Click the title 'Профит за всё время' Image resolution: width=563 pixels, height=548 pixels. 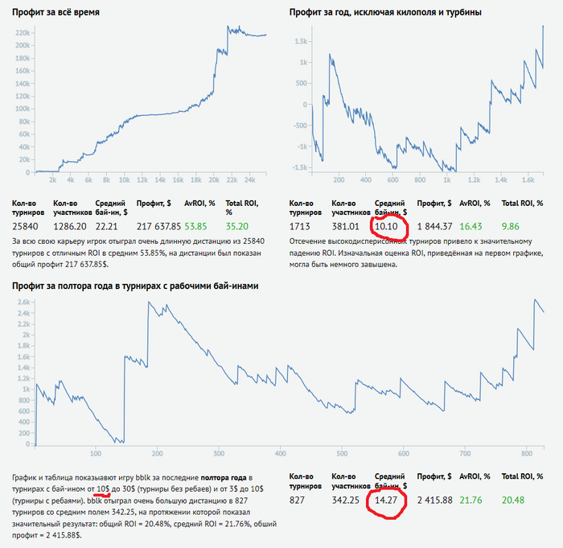point(61,11)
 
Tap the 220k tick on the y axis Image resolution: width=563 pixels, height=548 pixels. point(23,33)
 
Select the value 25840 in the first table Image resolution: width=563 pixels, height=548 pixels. point(26,227)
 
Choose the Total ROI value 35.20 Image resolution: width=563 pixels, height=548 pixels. point(236,227)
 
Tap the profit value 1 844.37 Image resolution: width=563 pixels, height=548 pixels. point(434,227)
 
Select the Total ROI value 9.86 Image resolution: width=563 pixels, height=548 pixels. point(511,227)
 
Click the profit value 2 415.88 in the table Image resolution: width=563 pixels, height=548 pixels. point(434,500)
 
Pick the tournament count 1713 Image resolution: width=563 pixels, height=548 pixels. point(298,227)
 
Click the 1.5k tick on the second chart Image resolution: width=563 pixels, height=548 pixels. point(301,40)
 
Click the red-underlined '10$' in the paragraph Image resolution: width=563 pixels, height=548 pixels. point(104,488)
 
